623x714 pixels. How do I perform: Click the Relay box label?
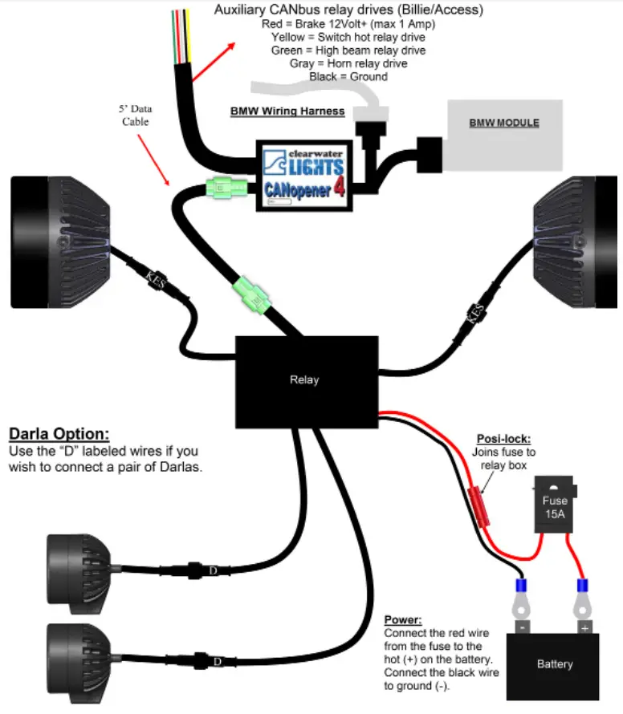[304, 379]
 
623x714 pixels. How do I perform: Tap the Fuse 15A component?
[555, 505]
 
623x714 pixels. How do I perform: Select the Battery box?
[553, 667]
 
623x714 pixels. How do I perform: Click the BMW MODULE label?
[504, 123]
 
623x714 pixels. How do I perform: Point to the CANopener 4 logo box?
[304, 176]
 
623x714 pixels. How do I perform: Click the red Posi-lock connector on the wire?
[479, 506]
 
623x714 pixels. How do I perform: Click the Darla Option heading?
[59, 434]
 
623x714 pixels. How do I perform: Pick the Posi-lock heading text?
[503, 439]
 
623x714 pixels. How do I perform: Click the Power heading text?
[403, 620]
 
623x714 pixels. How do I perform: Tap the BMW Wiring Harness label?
[287, 111]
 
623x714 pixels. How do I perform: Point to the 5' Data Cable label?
[136, 116]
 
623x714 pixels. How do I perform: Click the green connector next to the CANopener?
[226, 188]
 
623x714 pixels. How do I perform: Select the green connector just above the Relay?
[251, 295]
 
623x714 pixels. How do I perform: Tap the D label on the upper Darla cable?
[214, 570]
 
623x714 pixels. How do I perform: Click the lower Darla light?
[79, 663]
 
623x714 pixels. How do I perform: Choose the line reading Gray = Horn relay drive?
[348, 63]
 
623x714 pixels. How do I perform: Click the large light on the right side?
[575, 241]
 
